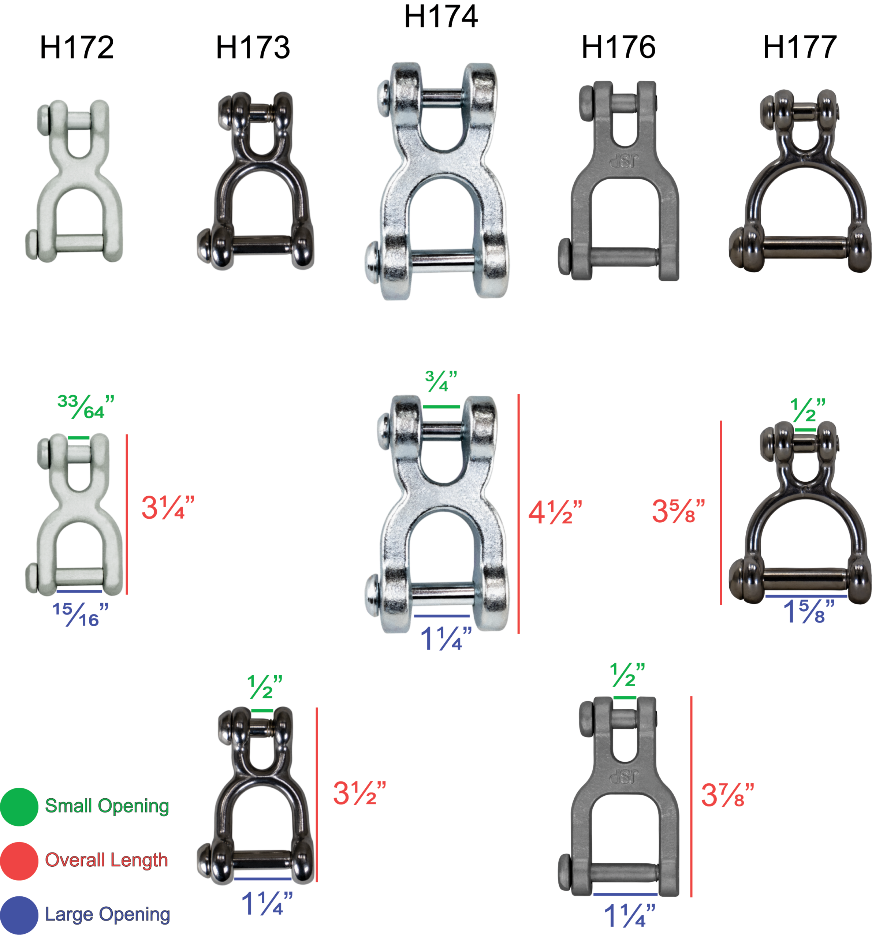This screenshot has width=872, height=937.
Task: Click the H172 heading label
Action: click(77, 47)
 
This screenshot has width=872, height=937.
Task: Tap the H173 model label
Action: click(253, 47)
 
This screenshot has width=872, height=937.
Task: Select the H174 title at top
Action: click(441, 16)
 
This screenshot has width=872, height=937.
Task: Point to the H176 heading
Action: click(618, 47)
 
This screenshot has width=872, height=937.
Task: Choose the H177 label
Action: click(800, 47)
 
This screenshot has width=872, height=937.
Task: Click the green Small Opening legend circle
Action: click(19, 807)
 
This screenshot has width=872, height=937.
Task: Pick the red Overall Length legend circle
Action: click(19, 861)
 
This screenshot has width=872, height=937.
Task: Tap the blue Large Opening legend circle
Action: click(19, 915)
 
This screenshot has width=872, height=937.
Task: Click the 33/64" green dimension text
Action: click(86, 407)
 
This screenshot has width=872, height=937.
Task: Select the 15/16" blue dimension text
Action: click(81, 615)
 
